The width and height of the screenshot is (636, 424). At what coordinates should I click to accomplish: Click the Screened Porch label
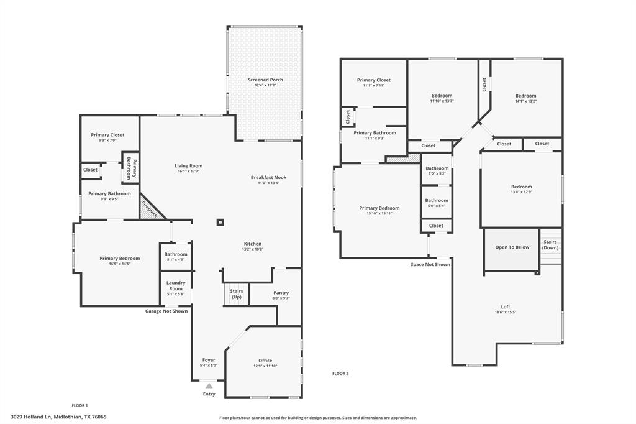coord(265,80)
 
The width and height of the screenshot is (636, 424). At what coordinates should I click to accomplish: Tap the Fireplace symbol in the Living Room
coord(150,207)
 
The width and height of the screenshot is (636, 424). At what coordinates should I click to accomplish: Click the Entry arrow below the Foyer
coord(209,386)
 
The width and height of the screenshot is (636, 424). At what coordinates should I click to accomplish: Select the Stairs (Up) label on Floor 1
coord(237,293)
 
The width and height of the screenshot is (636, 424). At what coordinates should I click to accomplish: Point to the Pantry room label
coord(281,293)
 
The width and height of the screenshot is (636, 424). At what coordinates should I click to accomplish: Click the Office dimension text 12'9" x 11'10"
coord(265,367)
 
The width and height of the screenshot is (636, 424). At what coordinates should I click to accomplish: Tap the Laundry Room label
coord(176,286)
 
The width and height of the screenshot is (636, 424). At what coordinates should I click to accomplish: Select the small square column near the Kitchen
coord(220,222)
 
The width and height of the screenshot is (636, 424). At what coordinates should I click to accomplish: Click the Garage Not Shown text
coord(166,311)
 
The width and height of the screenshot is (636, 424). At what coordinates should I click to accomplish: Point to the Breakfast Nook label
coord(269,177)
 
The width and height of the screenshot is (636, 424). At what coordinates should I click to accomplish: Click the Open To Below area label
coord(512,247)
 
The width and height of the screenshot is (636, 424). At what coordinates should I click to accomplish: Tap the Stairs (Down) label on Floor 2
coord(550,244)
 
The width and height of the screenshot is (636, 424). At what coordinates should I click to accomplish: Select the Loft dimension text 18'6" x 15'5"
coord(506,312)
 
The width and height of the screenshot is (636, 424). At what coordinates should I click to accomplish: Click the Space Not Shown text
coord(430,264)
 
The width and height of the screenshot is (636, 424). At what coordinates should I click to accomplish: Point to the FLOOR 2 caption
coord(340,373)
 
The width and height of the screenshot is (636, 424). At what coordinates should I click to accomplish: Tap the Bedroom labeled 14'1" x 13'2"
coord(525,96)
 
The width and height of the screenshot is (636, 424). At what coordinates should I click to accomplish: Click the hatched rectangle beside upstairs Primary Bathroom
coord(394,159)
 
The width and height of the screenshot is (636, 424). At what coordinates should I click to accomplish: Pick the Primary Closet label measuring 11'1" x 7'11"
coord(374,80)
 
